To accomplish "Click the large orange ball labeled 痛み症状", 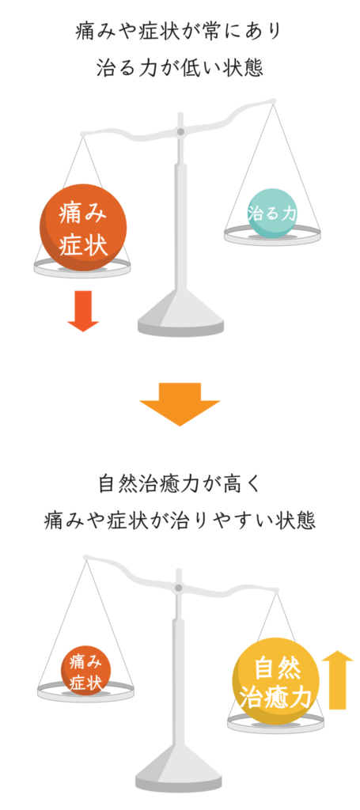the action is tap(83, 227).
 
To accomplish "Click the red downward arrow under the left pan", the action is tap(83, 311).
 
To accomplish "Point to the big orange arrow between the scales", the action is tap(180, 404).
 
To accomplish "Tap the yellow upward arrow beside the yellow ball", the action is tap(337, 679).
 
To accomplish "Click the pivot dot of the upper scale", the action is tap(180, 132).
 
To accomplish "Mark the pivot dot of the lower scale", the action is tap(178, 588).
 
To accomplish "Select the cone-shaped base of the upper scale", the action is tap(180, 312).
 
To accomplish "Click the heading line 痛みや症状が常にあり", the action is tap(180, 32).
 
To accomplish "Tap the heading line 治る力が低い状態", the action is tap(180, 68).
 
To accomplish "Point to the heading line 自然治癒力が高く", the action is tap(180, 485).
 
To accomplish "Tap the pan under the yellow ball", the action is tap(276, 723).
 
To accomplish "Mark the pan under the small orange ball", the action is tap(85, 691).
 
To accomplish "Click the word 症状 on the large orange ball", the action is tap(83, 246).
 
